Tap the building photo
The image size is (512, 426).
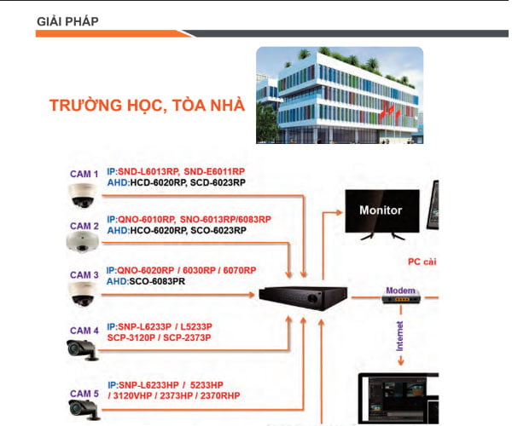point(340,95)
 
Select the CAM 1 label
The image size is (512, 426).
point(84,175)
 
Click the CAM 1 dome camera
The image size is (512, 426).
point(84,196)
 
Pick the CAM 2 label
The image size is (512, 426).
point(84,226)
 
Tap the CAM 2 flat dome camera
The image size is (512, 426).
point(84,242)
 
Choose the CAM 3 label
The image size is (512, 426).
point(84,275)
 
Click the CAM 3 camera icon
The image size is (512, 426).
point(84,294)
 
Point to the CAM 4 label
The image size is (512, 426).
point(84,331)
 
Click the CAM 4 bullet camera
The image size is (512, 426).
point(84,348)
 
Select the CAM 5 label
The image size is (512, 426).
point(84,394)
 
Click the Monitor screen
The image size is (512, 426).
point(381,210)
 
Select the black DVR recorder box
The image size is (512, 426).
point(303,296)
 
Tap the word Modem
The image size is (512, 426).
point(400,290)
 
